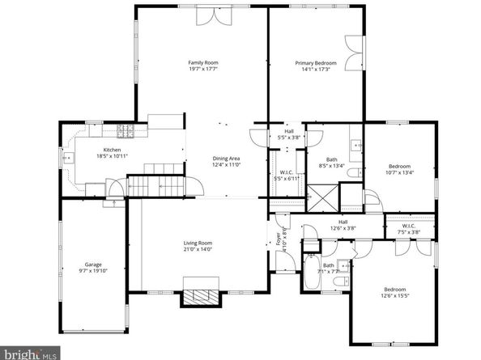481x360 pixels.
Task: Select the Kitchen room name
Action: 112,150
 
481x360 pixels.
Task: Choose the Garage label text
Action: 94,265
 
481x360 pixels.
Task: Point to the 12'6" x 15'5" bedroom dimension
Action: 394,295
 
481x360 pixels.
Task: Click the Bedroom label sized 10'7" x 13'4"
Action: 400,166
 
